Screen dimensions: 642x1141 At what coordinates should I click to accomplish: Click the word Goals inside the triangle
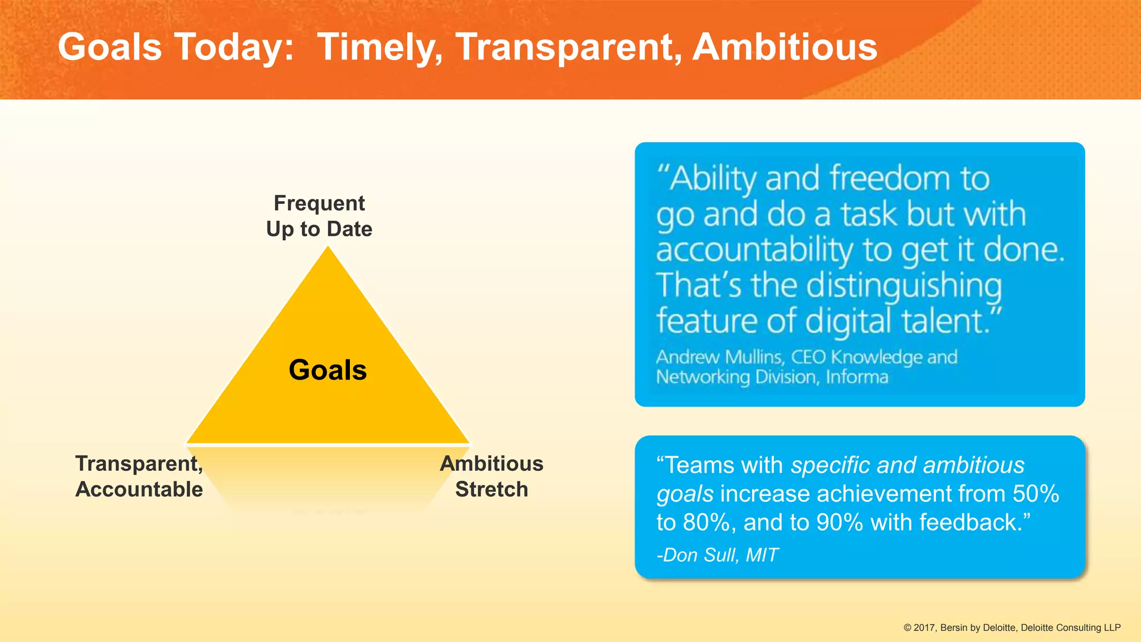[x=328, y=370]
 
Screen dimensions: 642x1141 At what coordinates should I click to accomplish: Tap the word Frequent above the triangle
[x=319, y=203]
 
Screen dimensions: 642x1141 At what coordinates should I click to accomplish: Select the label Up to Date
[x=319, y=229]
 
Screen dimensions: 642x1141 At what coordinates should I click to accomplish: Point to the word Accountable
[x=139, y=489]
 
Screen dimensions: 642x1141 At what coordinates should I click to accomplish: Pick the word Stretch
[x=491, y=489]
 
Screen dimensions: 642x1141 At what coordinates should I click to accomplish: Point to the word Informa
[x=857, y=377]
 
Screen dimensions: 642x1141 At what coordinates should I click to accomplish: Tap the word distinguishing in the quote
[x=904, y=286]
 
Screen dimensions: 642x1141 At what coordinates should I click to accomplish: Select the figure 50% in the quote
[x=1036, y=494]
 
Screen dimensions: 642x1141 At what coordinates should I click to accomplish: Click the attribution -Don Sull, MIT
[x=718, y=555]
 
